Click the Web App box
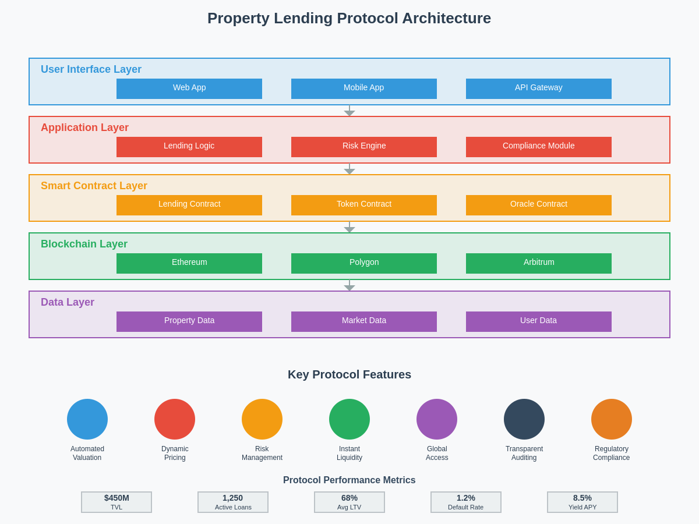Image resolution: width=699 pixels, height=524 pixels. coord(189,88)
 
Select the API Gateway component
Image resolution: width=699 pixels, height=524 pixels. coord(539,88)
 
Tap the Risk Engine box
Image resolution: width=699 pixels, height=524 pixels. coord(364,147)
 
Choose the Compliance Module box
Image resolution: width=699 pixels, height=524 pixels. coord(539,147)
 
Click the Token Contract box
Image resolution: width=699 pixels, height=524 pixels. coord(364,205)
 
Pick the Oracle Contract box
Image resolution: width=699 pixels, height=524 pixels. coord(539,205)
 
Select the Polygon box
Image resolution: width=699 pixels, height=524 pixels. coord(364,263)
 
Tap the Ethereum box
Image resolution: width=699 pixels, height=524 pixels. coord(189,263)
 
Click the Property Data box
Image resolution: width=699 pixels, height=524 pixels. coord(189,321)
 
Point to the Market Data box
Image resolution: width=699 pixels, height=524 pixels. coord(364,321)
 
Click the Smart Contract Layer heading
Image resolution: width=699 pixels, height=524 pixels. coord(94,186)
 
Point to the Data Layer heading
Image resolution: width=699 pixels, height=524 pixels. coord(68,302)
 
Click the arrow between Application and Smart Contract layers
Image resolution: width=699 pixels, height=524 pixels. coord(349,169)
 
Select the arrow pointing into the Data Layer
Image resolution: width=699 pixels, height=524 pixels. coord(349,286)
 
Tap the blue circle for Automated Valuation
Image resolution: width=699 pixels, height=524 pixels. coord(87,419)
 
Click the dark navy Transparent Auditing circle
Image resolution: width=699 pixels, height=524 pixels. coord(524,419)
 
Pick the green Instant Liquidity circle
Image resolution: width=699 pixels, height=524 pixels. coord(349,419)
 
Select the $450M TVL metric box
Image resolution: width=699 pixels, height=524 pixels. coord(116,502)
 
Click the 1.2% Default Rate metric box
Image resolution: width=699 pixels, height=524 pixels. coord(466,502)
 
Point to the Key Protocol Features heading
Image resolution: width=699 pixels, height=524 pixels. coord(349,374)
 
